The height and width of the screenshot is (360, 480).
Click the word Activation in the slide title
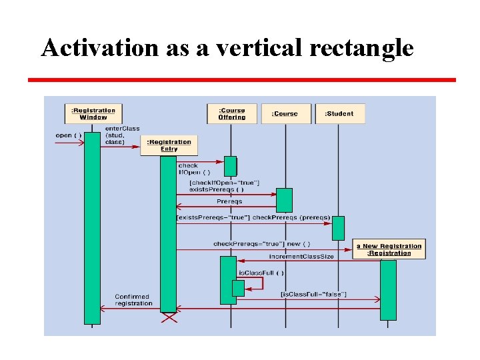[89, 48]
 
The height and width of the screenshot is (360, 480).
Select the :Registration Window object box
[93, 113]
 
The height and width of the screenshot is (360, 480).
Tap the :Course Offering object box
[231, 113]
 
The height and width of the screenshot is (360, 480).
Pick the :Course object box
[285, 114]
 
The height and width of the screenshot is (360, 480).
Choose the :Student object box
[339, 114]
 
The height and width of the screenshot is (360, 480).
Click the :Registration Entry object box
[169, 145]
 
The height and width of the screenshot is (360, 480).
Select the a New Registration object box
[389, 249]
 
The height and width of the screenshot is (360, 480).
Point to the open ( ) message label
[68, 135]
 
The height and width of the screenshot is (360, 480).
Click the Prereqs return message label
[229, 201]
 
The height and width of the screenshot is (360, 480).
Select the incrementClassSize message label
[301, 257]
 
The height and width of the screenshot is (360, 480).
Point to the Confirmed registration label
[133, 300]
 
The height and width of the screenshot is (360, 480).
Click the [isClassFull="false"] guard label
[313, 295]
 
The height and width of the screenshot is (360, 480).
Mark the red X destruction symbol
[169, 319]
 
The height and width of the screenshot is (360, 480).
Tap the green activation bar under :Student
[339, 228]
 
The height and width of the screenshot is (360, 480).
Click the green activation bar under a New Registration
[388, 290]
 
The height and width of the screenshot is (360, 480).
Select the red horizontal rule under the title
[241, 80]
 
